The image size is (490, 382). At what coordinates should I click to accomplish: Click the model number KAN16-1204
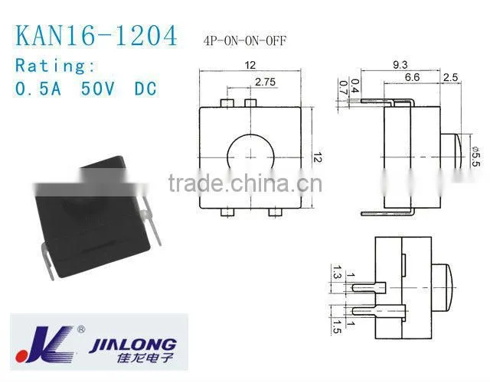click(96, 36)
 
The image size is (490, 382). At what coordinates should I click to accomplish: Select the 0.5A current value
click(38, 89)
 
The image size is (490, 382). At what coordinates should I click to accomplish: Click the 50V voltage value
click(97, 89)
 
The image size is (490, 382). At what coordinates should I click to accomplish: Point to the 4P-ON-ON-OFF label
click(245, 40)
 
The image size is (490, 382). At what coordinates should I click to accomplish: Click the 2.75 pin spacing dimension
click(266, 82)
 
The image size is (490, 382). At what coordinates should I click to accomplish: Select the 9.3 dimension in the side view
click(400, 64)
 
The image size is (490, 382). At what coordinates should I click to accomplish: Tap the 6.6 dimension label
click(412, 77)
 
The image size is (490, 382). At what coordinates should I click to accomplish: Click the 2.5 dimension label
click(451, 77)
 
